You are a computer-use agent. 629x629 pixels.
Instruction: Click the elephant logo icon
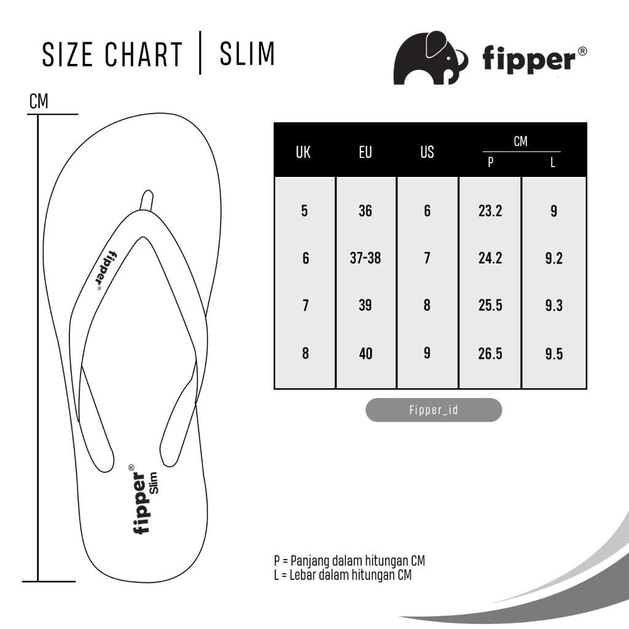430,58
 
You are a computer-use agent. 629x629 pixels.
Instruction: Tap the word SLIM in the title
247,53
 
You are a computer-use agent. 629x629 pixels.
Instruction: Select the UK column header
303,152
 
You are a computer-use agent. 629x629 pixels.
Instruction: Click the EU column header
365,152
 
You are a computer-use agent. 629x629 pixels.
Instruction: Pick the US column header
428,152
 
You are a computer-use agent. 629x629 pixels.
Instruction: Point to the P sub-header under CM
490,162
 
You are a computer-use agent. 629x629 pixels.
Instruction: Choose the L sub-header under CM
553,162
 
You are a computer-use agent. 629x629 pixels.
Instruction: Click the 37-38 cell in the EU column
365,258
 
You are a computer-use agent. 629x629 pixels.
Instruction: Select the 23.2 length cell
490,211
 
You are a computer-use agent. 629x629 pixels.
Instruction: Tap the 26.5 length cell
490,353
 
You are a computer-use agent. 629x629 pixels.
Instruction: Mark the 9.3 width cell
553,306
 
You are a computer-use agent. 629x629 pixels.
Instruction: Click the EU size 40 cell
365,353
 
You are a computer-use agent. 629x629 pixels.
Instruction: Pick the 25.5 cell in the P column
490,305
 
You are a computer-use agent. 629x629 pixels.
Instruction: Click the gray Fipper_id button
434,410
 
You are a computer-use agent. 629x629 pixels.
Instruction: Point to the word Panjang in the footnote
310,561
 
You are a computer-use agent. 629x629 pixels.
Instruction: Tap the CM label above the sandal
39,101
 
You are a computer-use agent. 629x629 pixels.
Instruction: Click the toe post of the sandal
146,200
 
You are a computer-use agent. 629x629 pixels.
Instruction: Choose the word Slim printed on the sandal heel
154,483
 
